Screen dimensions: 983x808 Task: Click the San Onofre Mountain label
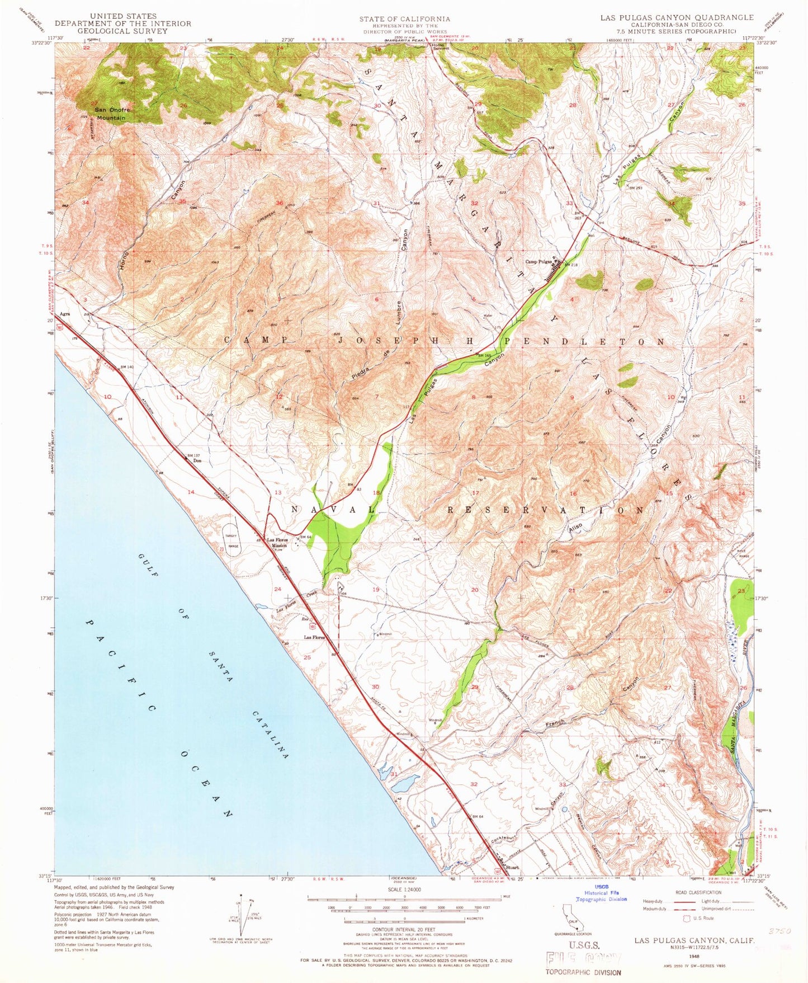pyautogui.click(x=111, y=114)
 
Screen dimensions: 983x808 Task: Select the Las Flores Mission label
pyautogui.click(x=276, y=542)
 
